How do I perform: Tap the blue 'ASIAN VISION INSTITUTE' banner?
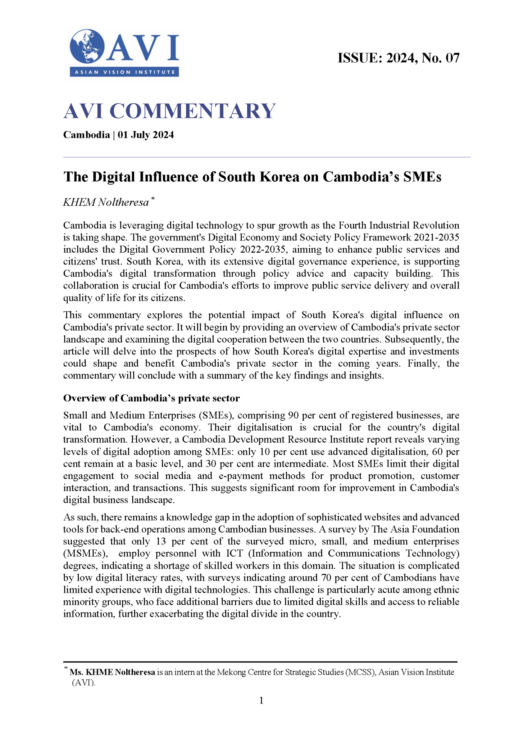click(124, 72)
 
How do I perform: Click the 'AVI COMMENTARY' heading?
click(169, 111)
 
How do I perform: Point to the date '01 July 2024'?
click(146, 135)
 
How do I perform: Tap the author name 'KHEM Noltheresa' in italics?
click(106, 202)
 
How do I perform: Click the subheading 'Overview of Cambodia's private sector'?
click(151, 398)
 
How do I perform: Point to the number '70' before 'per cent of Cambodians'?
click(325, 578)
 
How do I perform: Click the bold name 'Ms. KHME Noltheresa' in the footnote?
click(112, 672)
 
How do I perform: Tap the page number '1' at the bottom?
click(261, 701)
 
